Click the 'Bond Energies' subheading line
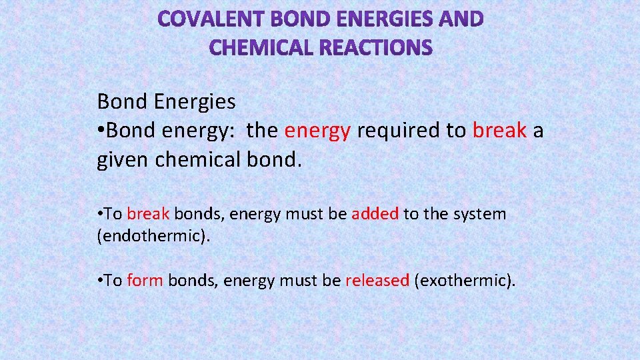point(166,102)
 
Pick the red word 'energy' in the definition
point(317,131)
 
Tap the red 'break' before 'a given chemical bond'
point(499,131)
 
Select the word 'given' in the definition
point(123,160)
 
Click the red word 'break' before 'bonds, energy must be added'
point(149,214)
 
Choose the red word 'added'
point(375,214)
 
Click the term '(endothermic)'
point(153,237)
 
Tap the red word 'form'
point(145,281)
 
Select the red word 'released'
point(377,281)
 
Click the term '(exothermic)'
point(465,281)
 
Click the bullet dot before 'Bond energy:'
point(101,131)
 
